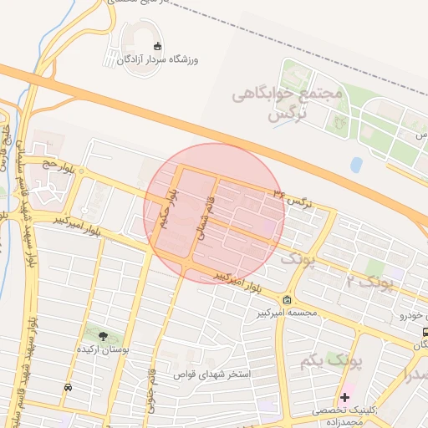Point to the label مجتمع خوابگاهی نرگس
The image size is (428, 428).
tap(305, 104)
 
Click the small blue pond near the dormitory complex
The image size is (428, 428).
tap(357, 165)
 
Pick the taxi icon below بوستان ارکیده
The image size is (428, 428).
tap(67, 387)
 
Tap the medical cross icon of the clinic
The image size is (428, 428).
tap(344, 396)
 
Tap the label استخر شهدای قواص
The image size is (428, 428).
tap(212, 375)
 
